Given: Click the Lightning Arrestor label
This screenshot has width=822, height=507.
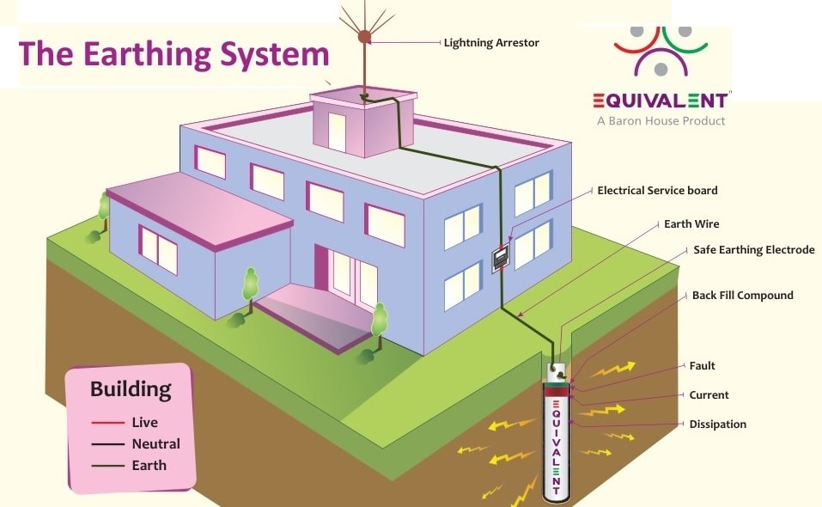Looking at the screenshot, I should (x=492, y=42).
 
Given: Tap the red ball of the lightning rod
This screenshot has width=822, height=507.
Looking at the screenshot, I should (x=364, y=37).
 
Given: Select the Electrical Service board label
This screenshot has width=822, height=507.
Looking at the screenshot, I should (x=657, y=190).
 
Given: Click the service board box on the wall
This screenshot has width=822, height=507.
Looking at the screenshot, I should (x=500, y=260).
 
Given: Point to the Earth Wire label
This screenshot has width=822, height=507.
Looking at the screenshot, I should (x=691, y=223).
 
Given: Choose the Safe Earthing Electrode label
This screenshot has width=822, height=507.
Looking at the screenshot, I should (x=753, y=250).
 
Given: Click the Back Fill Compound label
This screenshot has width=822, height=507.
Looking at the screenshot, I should (x=742, y=295).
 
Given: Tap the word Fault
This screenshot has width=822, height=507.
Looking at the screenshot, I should (x=702, y=365).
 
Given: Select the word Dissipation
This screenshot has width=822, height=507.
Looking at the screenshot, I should (x=717, y=424).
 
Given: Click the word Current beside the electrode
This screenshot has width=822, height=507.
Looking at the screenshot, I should (x=709, y=394).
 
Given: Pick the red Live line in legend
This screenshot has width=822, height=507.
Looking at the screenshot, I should (x=108, y=423).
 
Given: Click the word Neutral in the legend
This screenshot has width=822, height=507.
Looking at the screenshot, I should (x=155, y=444).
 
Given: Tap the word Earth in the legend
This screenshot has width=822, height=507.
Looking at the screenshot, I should (x=149, y=466).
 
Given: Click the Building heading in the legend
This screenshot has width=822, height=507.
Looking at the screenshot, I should (x=131, y=389).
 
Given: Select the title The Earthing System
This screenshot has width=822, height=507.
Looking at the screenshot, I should (x=174, y=54).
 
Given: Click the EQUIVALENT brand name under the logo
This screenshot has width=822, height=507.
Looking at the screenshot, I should (x=661, y=100).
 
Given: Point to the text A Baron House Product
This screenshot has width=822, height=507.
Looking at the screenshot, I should (x=661, y=121).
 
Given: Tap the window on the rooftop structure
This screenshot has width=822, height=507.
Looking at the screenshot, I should (x=337, y=132).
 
